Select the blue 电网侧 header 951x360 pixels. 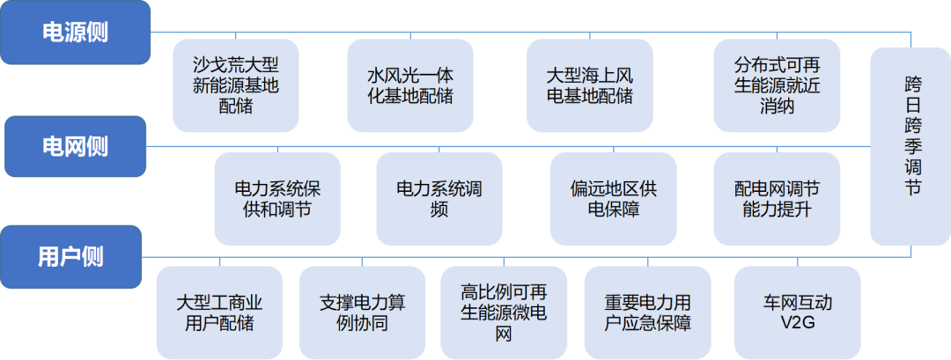point(75,146)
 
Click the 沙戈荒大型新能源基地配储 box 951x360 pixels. point(234,85)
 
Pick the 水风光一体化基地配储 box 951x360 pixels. point(409,85)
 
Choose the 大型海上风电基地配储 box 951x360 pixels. point(589,85)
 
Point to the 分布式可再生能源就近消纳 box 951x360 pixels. point(764,85)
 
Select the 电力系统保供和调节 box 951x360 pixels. point(277,199)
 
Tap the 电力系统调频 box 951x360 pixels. point(439,199)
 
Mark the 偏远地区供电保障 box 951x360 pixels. point(613,199)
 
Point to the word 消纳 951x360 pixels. point(764,107)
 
